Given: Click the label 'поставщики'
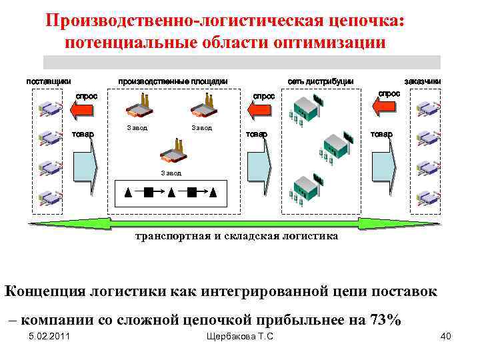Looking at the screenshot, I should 48,81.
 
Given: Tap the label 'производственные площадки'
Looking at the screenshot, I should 173,81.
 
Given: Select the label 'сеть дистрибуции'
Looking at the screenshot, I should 320,81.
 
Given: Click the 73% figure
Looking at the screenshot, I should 385,319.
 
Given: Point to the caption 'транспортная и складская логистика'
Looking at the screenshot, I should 236,236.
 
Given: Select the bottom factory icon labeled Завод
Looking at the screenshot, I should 171,154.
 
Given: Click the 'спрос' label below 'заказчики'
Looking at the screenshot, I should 389,94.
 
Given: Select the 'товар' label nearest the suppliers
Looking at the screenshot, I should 83,133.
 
